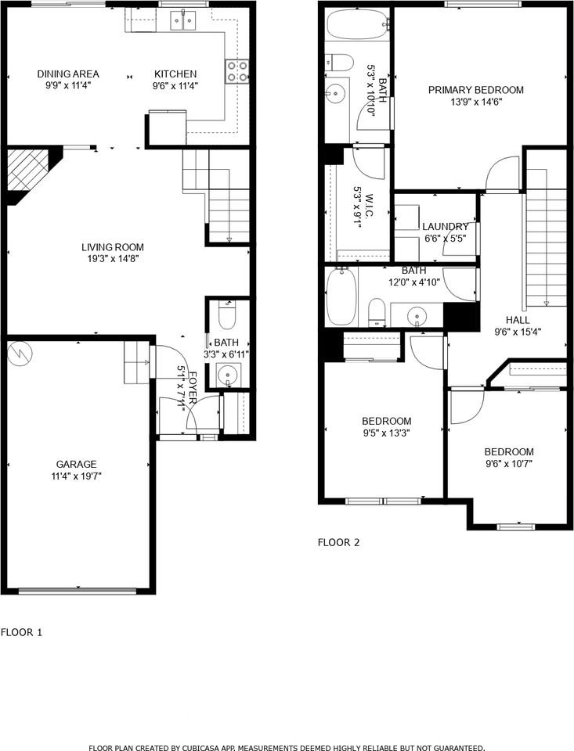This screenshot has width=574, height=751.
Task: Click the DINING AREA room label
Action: (68, 74)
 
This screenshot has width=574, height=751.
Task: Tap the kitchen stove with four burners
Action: (237, 71)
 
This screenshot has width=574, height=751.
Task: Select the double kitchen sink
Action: (183, 21)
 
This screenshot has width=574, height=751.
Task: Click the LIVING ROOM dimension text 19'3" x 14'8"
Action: (115, 258)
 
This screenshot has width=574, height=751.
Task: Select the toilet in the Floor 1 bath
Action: (227, 317)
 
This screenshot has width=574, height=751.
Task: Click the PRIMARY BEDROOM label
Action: (475, 90)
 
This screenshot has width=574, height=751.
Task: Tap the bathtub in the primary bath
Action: (357, 25)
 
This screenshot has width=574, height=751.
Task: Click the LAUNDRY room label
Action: (446, 227)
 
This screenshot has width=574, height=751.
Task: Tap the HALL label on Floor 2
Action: (517, 320)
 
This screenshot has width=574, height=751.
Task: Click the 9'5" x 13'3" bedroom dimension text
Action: (386, 432)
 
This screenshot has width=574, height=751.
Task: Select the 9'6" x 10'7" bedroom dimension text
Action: (508, 463)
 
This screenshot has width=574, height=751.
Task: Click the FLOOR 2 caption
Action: (338, 541)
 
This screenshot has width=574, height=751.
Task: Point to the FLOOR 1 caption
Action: (21, 631)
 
